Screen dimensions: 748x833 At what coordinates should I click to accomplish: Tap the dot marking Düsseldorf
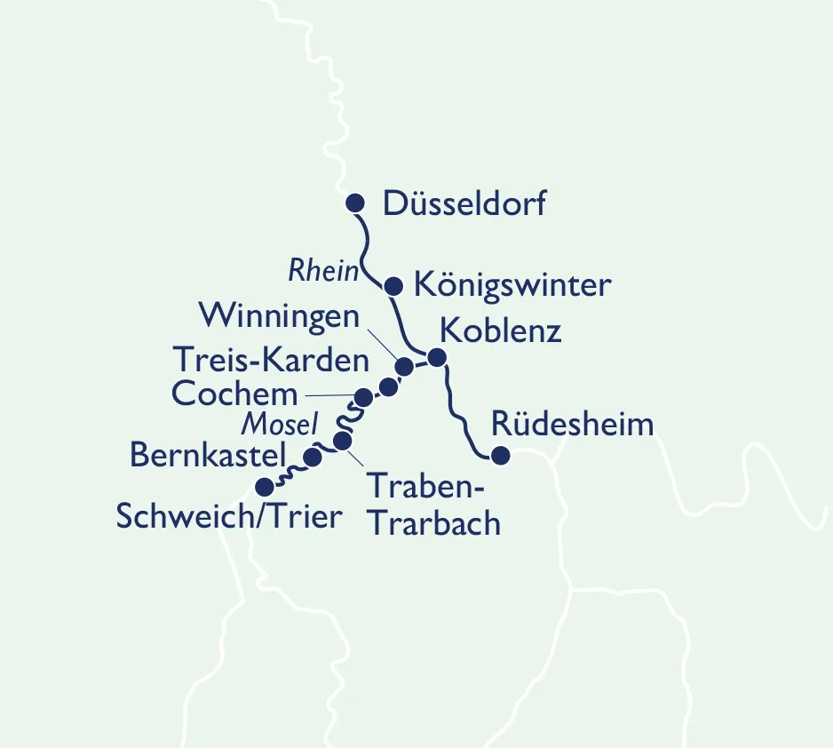click(355, 203)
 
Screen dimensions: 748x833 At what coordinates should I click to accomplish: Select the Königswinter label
click(512, 286)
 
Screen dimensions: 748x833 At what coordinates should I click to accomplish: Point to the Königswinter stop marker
click(395, 286)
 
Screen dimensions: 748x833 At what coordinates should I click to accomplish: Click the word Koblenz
click(501, 331)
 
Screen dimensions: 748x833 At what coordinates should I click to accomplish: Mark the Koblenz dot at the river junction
click(436, 357)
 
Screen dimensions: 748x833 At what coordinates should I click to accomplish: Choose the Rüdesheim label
click(572, 424)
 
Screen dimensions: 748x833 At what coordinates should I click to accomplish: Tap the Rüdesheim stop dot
click(500, 456)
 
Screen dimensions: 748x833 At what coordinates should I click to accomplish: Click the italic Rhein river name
click(322, 272)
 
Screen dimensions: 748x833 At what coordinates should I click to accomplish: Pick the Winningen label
click(279, 315)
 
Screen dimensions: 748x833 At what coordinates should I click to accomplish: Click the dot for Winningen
click(404, 366)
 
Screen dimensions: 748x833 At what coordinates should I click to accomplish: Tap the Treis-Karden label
click(270, 360)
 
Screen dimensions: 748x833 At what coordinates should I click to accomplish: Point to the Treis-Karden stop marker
click(388, 386)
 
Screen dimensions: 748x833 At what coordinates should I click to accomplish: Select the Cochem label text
click(235, 393)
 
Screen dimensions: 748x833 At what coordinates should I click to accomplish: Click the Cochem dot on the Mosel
click(363, 396)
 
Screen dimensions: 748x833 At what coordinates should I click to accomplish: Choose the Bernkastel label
click(208, 455)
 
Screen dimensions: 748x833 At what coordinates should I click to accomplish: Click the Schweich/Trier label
click(229, 516)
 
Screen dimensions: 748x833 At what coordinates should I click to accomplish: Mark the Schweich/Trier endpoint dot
click(264, 487)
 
